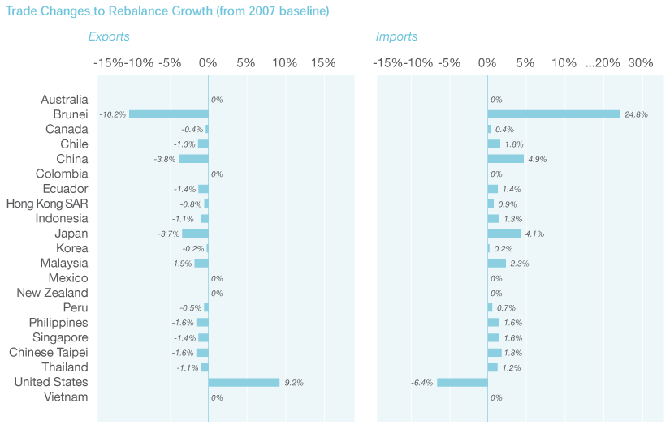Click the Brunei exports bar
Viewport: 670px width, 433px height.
click(x=169, y=114)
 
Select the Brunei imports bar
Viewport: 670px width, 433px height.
click(x=553, y=114)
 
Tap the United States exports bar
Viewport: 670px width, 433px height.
click(x=244, y=382)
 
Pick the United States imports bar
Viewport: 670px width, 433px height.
click(x=462, y=382)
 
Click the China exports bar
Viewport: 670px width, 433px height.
click(x=193, y=159)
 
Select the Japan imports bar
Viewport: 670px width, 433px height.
click(x=504, y=234)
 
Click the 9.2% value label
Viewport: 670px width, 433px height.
click(x=293, y=383)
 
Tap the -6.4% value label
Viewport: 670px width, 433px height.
click(x=422, y=383)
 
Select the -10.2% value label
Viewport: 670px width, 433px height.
click(x=112, y=115)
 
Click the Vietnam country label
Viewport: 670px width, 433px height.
click(x=66, y=397)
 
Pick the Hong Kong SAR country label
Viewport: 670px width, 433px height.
click(x=47, y=204)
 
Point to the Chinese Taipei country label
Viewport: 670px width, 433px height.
click(x=48, y=353)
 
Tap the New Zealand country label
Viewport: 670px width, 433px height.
click(x=52, y=293)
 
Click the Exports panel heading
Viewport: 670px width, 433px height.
click(x=109, y=36)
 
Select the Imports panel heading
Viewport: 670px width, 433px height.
click(x=396, y=36)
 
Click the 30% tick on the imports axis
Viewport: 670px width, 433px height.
click(x=641, y=63)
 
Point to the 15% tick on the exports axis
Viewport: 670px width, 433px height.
click(x=322, y=63)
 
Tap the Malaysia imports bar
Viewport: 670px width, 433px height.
click(x=496, y=264)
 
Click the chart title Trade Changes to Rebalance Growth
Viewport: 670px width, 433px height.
click(x=167, y=12)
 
